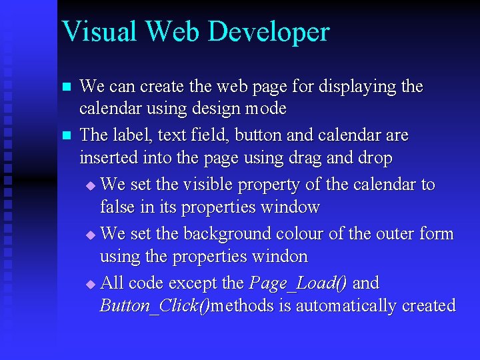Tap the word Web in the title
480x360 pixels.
point(177,31)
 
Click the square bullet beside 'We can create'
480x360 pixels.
point(65,87)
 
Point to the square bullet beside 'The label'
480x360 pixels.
point(65,136)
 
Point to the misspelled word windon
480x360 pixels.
point(279,257)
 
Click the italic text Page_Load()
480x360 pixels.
point(298,283)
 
